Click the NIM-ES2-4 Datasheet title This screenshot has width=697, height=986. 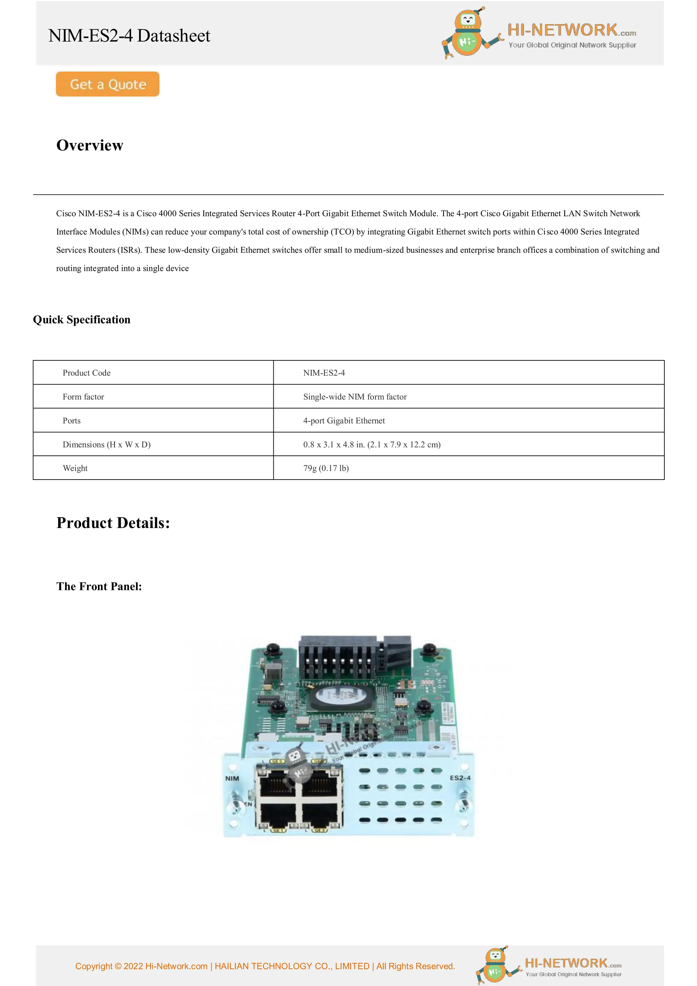[129, 36]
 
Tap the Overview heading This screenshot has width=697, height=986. [90, 145]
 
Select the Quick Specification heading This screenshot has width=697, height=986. [82, 320]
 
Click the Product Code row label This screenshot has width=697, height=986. [87, 373]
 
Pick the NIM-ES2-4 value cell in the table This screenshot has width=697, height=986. [324, 373]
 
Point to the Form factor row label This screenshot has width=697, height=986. [83, 397]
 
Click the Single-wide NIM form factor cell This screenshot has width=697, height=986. [355, 397]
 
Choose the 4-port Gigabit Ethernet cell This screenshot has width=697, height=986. [343, 420]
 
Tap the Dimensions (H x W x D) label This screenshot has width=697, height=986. [107, 444]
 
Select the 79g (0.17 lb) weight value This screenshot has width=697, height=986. [326, 468]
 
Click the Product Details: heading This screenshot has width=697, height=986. [113, 523]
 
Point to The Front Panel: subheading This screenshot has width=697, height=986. [99, 586]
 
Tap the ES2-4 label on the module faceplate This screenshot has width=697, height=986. [460, 778]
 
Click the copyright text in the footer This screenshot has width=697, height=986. [265, 966]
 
